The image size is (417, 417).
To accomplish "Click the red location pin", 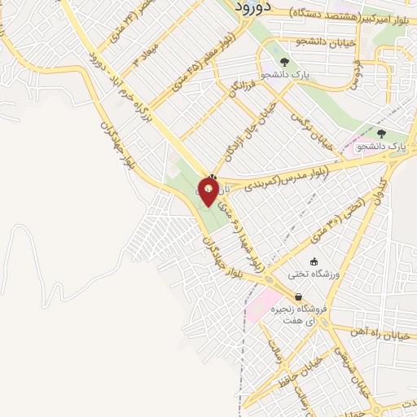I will pyautogui.click(x=208, y=191).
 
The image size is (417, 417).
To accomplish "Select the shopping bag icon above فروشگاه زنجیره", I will pyautogui.click(x=299, y=296).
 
